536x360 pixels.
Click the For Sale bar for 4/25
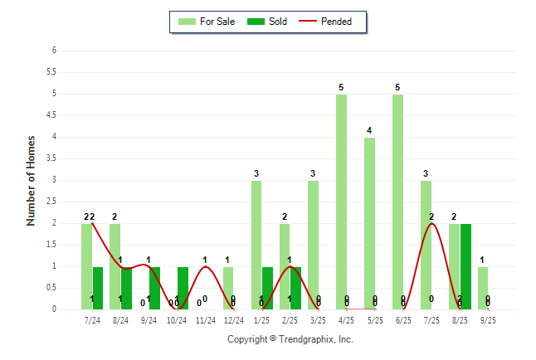pos(341,202)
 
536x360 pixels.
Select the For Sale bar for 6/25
pos(397,202)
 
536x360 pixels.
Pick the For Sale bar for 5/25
pos(369,223)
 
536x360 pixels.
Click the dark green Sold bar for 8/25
pos(465,266)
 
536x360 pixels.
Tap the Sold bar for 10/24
pos(183,288)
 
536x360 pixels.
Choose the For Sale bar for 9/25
pos(482,288)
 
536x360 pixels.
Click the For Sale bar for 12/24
pos(228,288)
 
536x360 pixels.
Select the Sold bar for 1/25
pos(267,288)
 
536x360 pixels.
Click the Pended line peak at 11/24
pos(205,266)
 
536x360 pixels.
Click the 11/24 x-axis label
pos(205,319)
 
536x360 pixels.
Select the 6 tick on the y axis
pos(54,51)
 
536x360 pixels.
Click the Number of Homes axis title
pos(32,180)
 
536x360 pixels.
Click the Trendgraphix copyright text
pos(290,339)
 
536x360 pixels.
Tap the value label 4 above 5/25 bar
pos(369,129)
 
